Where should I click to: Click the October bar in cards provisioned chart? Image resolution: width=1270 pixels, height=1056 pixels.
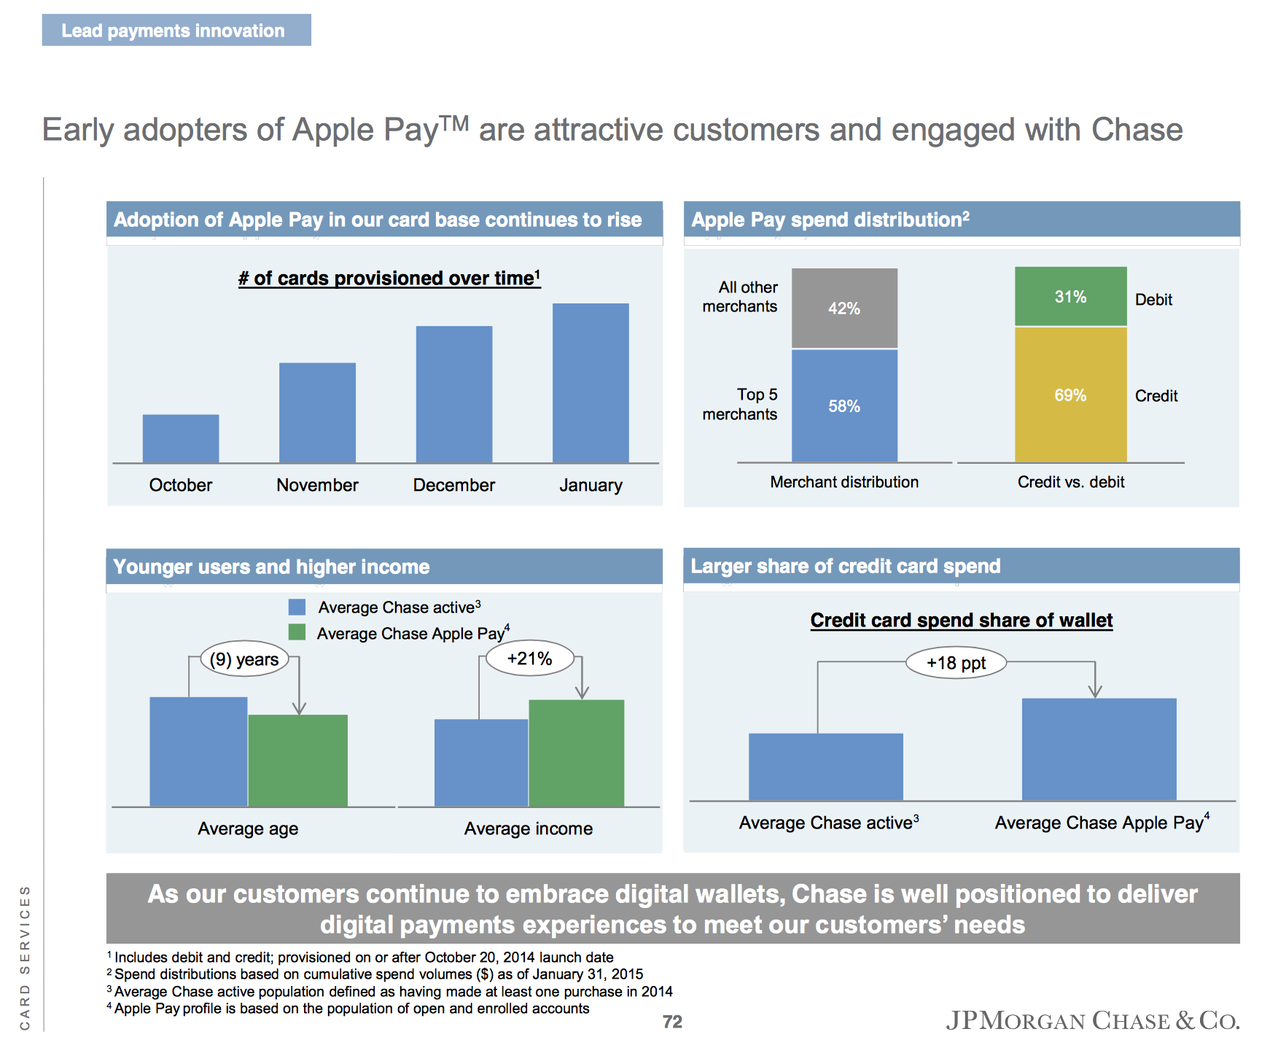pos(180,438)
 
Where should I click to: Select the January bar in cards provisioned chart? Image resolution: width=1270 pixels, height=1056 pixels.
pos(591,383)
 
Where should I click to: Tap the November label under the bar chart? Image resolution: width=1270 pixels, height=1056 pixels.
pos(317,485)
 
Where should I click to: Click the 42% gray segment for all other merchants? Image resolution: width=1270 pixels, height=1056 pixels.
pos(844,308)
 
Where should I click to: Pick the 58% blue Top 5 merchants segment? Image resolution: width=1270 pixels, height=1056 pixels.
pos(844,405)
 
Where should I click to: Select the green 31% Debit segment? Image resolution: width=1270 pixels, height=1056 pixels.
pos(1070,296)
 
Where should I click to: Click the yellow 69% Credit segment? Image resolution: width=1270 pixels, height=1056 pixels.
pos(1070,395)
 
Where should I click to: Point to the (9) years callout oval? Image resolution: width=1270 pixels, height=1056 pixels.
pos(244,659)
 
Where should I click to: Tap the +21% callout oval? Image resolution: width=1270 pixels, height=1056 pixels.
pos(529,659)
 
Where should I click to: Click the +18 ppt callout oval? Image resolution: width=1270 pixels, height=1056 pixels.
pos(956,663)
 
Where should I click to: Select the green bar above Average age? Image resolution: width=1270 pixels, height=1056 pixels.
pos(297,760)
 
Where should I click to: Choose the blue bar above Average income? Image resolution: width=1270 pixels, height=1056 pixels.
pos(481,762)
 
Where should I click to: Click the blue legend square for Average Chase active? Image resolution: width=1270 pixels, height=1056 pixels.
pos(297,607)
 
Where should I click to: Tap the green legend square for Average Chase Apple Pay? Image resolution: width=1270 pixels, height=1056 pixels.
pos(297,632)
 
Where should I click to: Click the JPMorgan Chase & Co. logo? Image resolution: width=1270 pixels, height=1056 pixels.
pos(1092,1020)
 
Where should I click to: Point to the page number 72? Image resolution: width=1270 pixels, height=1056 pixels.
pos(672,1022)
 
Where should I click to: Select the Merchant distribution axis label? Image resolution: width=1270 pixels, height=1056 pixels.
pos(844,482)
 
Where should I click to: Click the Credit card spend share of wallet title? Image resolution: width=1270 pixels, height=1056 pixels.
pos(961,621)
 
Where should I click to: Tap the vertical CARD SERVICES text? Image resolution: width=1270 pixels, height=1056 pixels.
pos(25,957)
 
